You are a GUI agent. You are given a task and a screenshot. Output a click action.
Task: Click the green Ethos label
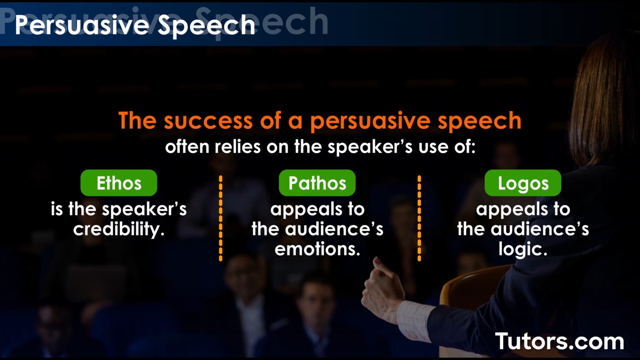point(119,183)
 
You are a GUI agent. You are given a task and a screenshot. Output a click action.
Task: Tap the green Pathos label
point(317,183)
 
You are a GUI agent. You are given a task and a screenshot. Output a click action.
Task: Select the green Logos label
point(523,183)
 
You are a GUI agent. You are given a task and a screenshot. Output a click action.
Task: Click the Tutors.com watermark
point(559,341)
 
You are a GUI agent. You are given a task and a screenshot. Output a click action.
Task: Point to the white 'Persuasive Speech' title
point(135,26)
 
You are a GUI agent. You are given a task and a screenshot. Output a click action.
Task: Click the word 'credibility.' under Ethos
point(119,229)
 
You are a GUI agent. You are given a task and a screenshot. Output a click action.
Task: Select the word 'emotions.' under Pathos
point(317,249)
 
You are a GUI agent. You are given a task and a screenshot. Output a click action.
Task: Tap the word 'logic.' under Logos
point(523,249)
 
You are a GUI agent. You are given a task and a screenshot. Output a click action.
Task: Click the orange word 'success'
point(208,121)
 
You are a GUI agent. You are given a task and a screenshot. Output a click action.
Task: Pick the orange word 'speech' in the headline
point(480,121)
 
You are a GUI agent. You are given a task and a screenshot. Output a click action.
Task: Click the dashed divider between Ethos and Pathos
point(221,218)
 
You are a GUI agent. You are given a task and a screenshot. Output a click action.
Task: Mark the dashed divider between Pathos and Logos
point(419,218)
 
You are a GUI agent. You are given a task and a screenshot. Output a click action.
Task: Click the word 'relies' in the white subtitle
point(238,147)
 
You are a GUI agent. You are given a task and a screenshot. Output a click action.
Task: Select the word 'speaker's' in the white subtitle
point(370,148)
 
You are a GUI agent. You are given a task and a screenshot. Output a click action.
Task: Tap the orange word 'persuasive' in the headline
point(370,121)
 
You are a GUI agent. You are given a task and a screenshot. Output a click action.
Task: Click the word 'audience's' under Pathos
point(334,229)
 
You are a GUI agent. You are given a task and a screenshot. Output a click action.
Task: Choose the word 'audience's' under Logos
point(540,229)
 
